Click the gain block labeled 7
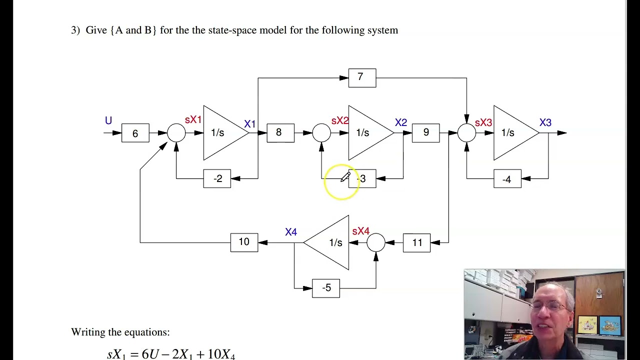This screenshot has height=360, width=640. [x=362, y=78]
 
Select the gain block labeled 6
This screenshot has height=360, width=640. [x=135, y=133]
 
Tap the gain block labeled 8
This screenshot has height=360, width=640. [x=280, y=132]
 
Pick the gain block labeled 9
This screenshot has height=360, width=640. [x=425, y=132]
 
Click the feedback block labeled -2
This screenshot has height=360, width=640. [x=217, y=178]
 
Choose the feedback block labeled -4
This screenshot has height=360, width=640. [x=507, y=178]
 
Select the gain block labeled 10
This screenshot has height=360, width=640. [x=244, y=242]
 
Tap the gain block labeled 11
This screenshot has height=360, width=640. [x=416, y=242]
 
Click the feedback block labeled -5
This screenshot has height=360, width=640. [x=325, y=288]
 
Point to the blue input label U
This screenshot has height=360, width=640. [x=108, y=120]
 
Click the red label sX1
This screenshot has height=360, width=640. [x=193, y=120]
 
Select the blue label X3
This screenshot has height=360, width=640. [x=545, y=122]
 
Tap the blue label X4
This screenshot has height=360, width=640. [x=291, y=232]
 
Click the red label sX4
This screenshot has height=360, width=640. [x=360, y=231]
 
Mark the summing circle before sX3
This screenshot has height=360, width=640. [x=466, y=132]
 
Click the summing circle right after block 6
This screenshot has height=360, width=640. [x=176, y=132]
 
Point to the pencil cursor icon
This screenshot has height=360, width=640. [x=345, y=176]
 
